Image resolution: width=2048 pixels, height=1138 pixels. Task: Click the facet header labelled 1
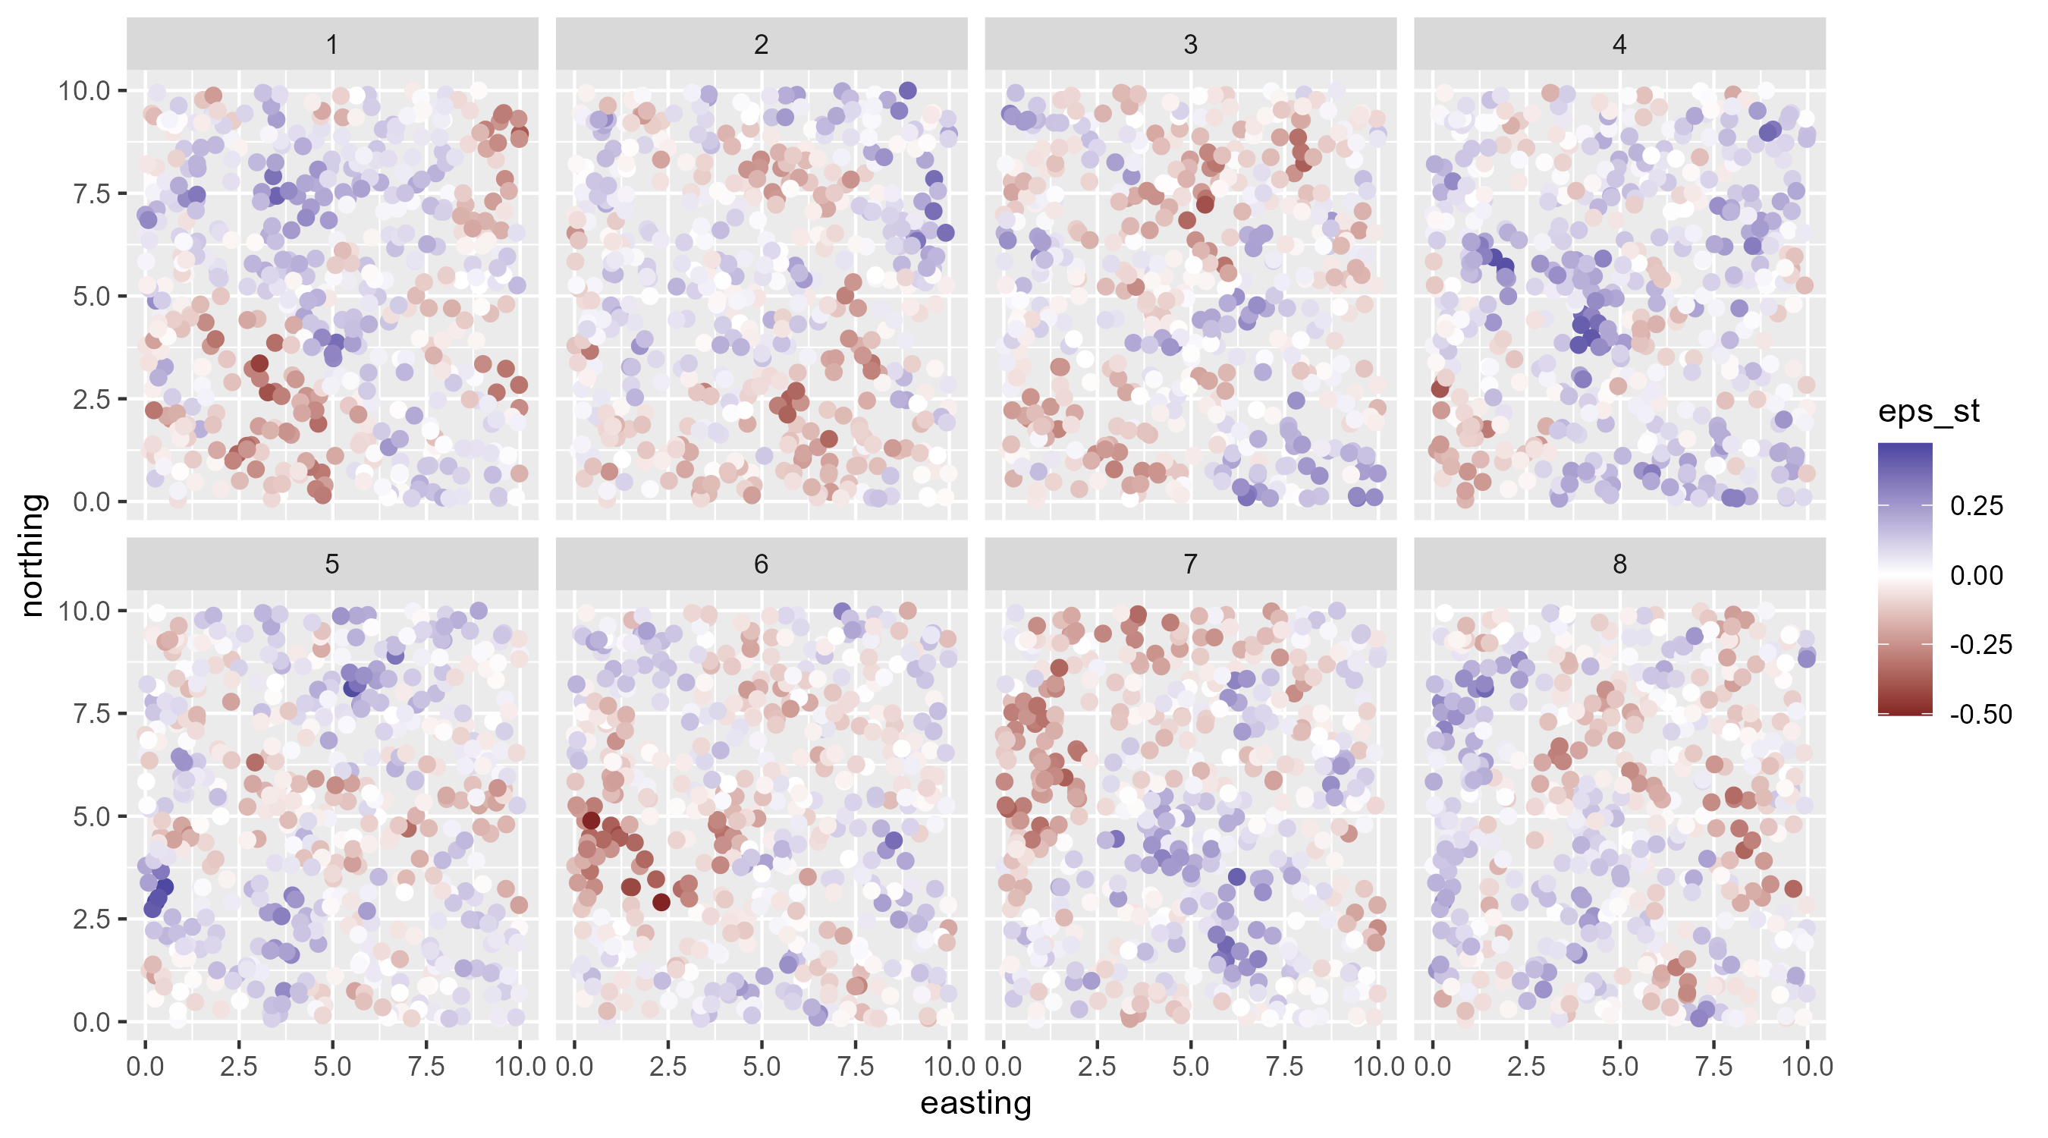point(332,45)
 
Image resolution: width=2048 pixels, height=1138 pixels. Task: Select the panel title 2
point(761,45)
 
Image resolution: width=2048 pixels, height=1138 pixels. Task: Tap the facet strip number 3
point(1190,45)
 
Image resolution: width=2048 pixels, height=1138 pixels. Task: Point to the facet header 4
point(1619,45)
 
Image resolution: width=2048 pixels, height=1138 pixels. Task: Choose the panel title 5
point(332,564)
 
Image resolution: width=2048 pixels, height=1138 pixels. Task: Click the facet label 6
point(761,564)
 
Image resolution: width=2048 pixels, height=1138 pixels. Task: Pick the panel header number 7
point(1190,564)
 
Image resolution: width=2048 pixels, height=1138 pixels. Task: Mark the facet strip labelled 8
point(1619,564)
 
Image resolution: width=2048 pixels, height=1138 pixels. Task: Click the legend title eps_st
point(1928,412)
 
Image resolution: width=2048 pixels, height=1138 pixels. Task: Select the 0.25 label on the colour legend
point(1977,506)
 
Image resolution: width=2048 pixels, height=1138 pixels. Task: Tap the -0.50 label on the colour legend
point(1980,714)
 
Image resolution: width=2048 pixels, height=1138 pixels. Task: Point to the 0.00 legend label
point(1977,575)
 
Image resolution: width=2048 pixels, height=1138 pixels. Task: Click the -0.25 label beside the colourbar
point(1980,644)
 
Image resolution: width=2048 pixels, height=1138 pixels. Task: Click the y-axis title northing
point(33,555)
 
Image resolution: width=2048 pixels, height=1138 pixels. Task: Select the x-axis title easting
point(975,1104)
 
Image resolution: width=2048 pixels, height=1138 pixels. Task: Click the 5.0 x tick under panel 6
point(762,1067)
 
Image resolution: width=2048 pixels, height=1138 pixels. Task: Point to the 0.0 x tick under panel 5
point(145,1067)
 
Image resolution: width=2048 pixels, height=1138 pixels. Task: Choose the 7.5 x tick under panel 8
point(1713,1067)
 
